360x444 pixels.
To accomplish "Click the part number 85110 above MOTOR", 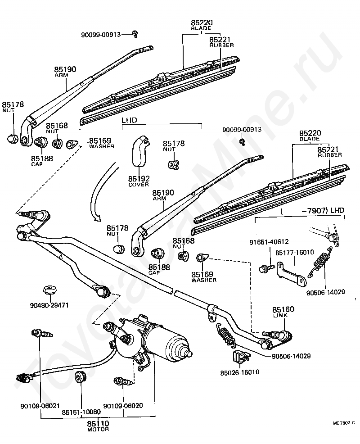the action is [x=98, y=424].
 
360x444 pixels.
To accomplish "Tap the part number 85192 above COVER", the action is [x=139, y=179].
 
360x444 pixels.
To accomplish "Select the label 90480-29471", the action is [x=49, y=306].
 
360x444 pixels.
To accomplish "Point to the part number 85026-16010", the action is [x=240, y=372].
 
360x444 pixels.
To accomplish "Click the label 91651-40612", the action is [x=269, y=242].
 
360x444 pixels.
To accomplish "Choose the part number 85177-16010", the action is [x=295, y=252].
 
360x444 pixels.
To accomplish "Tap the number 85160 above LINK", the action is [x=283, y=309].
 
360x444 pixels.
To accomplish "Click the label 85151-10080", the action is [x=81, y=412].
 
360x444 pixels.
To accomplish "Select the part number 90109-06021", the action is [x=40, y=406].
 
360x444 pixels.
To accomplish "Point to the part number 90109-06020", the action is [x=123, y=405].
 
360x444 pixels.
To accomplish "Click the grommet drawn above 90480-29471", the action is [x=50, y=290].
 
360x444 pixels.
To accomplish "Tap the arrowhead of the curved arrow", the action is [x=97, y=218].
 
